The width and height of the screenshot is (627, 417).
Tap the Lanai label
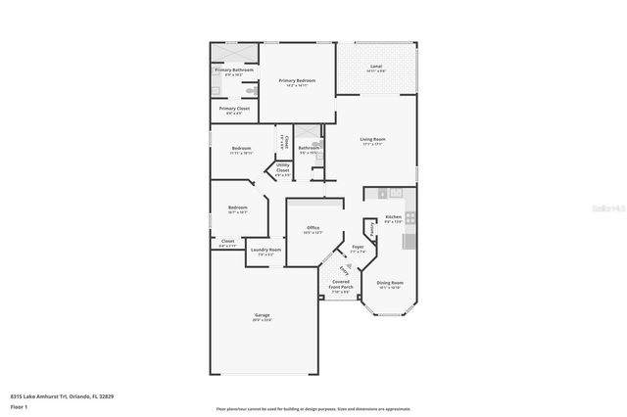(375, 68)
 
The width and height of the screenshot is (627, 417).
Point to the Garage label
(263, 316)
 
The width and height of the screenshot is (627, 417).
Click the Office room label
(313, 229)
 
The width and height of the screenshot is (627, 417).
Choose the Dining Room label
(391, 284)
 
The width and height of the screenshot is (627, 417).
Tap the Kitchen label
(392, 218)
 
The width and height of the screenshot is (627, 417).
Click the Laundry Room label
(265, 252)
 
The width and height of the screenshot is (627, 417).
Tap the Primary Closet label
(231, 110)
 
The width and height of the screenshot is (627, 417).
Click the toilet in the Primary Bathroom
(217, 91)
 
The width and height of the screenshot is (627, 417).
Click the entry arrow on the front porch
(343, 269)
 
